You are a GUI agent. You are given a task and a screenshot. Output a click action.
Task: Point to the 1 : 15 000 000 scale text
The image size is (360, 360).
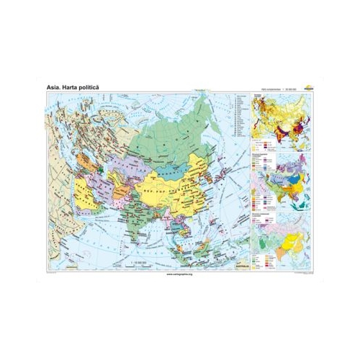pyautogui.click(x=135, y=266)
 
